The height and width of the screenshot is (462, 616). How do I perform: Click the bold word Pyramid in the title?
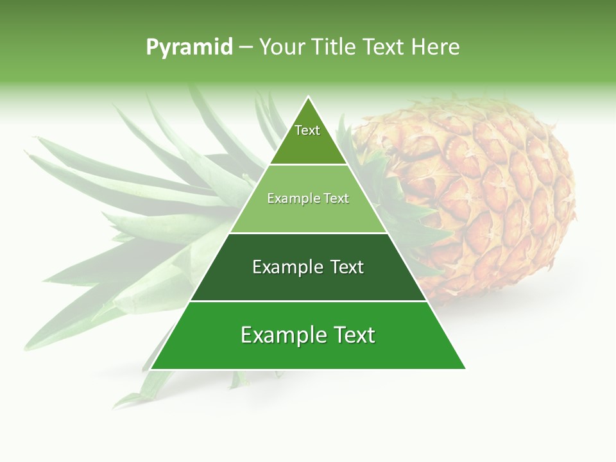189,47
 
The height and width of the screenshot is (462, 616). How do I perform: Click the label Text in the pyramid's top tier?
307,130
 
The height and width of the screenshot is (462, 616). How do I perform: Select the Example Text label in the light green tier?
308,198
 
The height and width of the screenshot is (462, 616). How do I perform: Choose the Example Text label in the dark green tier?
308,267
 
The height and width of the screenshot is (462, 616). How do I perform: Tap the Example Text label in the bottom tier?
308,335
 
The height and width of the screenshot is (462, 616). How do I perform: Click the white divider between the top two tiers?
308,165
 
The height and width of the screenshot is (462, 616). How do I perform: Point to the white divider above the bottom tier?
308,301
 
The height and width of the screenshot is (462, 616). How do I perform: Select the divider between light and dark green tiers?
308,233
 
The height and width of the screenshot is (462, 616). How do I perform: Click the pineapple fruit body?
488,193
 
